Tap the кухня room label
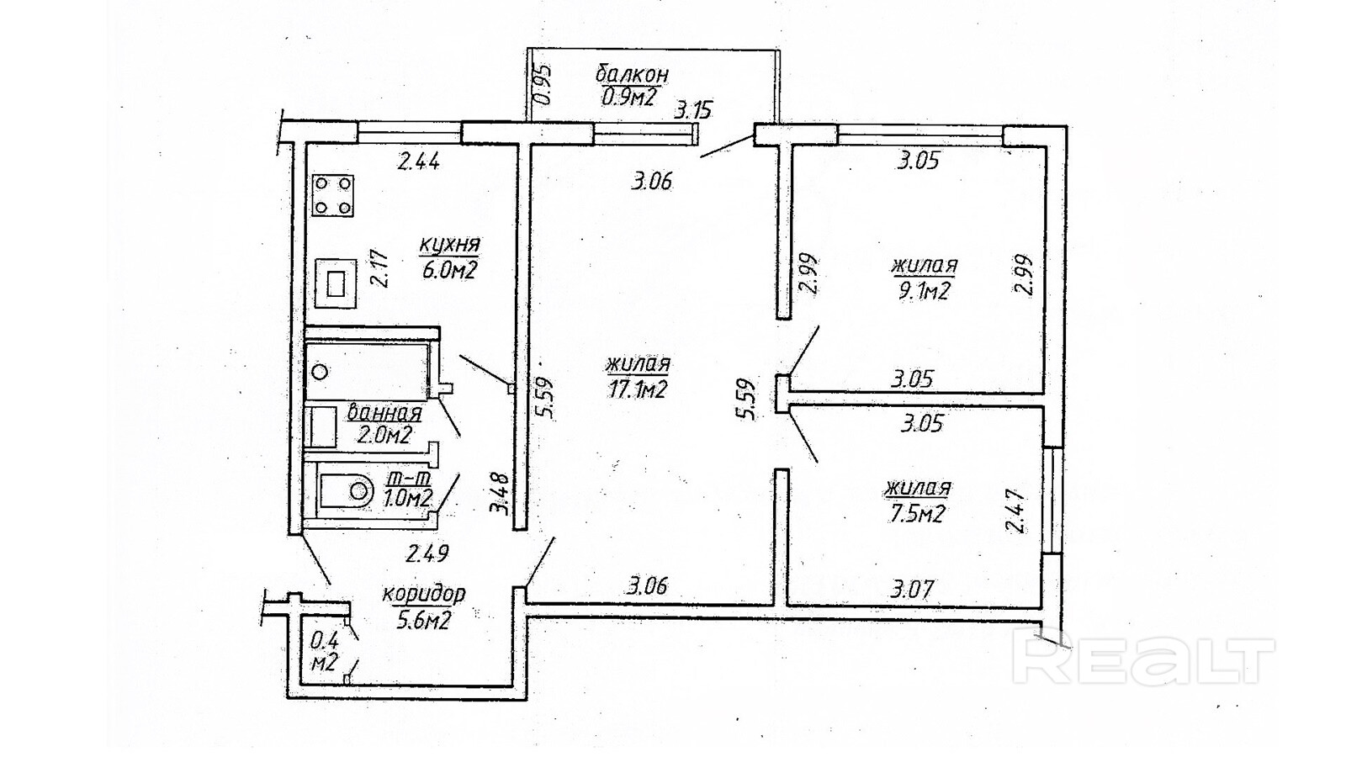[449, 245]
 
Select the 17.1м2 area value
[637, 389]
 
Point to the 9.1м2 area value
[923, 291]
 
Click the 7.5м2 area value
[917, 513]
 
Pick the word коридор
[423, 594]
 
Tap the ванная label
[384, 413]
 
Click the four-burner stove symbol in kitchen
[332, 196]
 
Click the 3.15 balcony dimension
[693, 109]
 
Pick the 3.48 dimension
[501, 495]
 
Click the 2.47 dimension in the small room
[1016, 511]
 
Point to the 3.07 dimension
[912, 589]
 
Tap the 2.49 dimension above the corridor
[427, 553]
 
